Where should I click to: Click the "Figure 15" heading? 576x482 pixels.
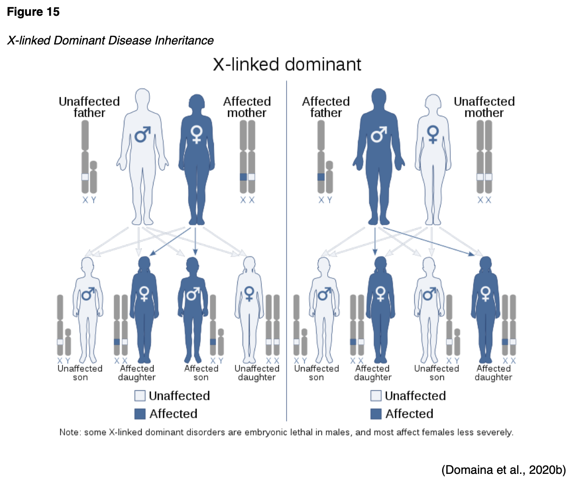point(33,12)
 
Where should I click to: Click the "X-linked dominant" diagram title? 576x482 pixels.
point(287,65)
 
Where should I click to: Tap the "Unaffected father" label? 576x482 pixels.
point(89,107)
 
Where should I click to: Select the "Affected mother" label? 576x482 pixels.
point(247,107)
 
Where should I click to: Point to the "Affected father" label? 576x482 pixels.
point(326,107)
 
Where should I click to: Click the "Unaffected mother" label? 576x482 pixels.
point(484,107)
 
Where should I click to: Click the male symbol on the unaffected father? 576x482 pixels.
point(143,134)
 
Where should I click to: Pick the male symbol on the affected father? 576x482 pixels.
point(379,134)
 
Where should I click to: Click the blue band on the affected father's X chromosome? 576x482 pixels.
point(321,177)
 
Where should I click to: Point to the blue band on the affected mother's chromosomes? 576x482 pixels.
point(243,177)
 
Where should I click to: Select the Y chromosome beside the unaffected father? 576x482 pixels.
point(93,177)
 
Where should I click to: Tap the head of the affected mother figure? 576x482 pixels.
point(196,102)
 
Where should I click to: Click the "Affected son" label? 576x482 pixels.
point(201,372)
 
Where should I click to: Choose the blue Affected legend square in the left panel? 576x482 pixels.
point(140,414)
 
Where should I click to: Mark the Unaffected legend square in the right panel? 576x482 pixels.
point(376,396)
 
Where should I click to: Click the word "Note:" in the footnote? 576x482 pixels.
point(70,432)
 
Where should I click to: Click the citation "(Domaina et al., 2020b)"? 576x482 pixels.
point(504,470)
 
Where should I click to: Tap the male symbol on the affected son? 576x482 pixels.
point(192,295)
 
